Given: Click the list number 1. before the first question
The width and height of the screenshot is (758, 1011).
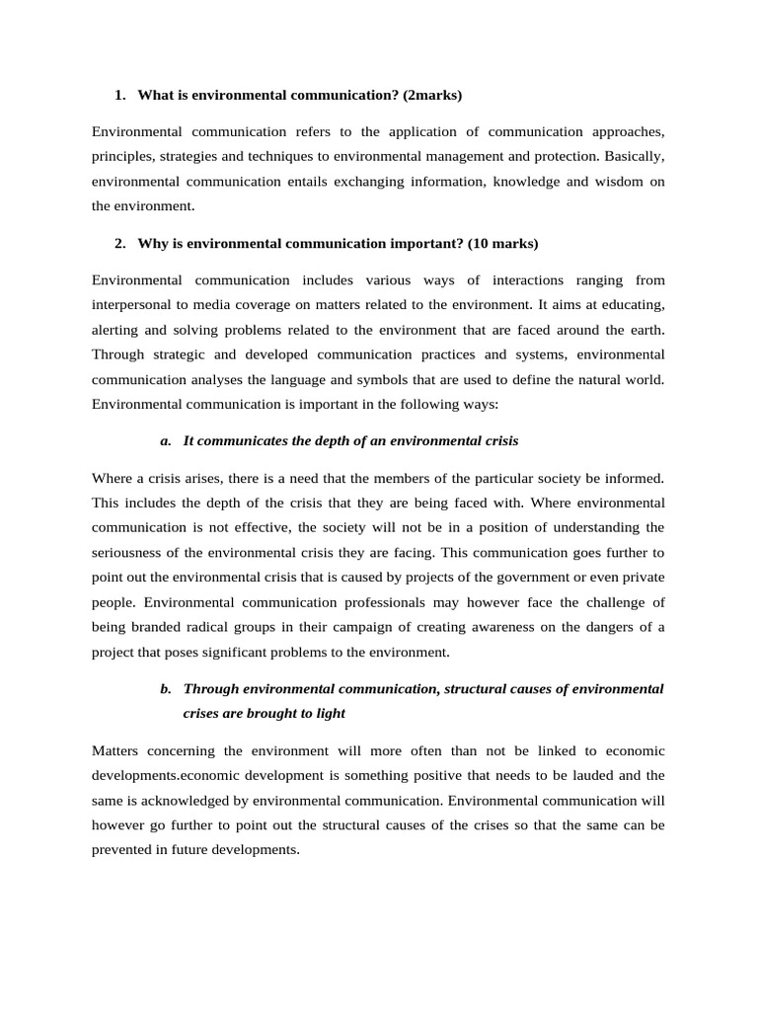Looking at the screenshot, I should click(120, 96).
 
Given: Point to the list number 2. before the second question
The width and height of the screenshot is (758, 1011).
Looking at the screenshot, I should click(120, 243).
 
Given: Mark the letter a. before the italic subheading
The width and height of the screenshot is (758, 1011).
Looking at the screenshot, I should click(166, 439).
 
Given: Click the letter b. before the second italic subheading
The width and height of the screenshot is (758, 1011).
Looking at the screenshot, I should click(166, 688).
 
